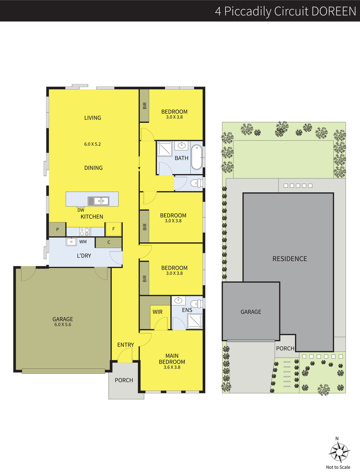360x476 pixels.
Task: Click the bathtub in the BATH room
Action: click(x=197, y=157)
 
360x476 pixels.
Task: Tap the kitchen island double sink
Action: click(x=98, y=201)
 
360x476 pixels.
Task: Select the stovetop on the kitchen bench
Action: click(x=85, y=232)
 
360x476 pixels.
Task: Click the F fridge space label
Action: click(x=114, y=229)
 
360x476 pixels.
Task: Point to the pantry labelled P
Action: click(x=57, y=229)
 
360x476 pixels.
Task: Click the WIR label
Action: click(x=157, y=312)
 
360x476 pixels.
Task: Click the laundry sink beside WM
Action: click(x=71, y=242)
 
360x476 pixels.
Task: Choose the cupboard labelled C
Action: click(x=109, y=242)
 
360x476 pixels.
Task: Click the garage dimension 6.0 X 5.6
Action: click(x=63, y=324)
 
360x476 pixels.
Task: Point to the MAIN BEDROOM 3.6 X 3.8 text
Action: click(x=172, y=361)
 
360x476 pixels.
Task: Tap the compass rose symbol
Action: click(x=339, y=452)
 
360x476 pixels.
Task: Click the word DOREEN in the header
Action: click(x=334, y=11)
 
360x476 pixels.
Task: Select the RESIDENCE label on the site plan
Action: click(x=290, y=259)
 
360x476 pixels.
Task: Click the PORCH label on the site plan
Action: click(x=285, y=348)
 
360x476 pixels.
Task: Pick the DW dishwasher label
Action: click(x=81, y=210)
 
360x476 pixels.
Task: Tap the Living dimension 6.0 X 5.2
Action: click(x=92, y=144)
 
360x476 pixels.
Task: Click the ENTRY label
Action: click(x=126, y=345)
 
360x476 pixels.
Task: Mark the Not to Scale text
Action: click(x=338, y=467)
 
